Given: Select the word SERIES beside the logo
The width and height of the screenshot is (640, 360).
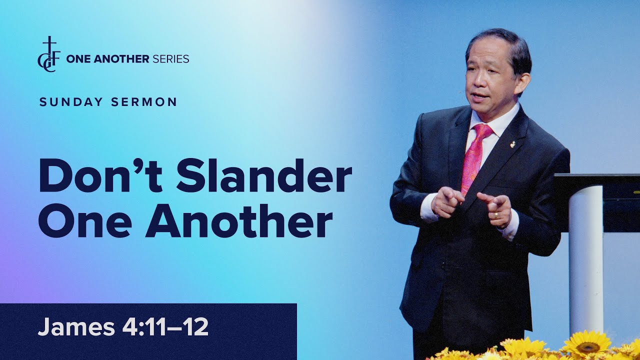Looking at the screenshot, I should point(170,59).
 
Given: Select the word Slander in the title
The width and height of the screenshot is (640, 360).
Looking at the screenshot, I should point(264,176).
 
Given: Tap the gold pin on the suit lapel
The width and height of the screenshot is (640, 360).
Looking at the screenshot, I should point(512,144).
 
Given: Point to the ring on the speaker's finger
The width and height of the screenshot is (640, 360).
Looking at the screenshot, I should point(495,215).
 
